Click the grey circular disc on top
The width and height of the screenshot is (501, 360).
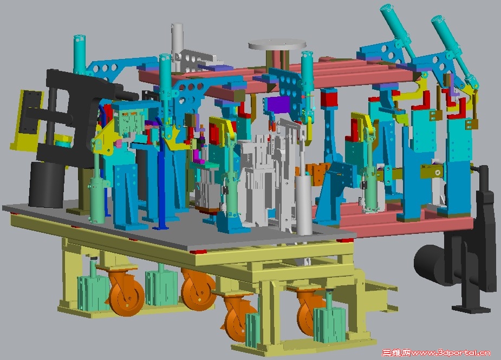277,44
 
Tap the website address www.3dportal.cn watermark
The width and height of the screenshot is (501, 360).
451,352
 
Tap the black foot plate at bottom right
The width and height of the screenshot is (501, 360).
471,309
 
